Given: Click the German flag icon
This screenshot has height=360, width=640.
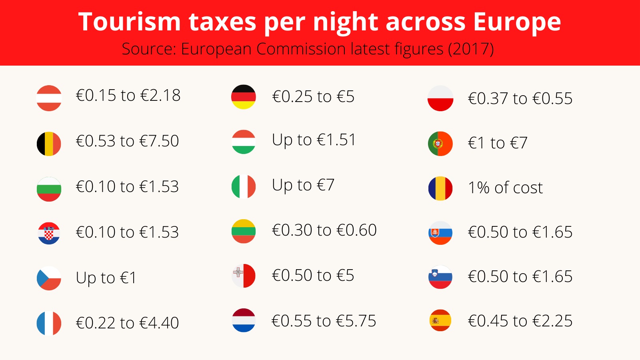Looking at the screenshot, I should click(x=244, y=97).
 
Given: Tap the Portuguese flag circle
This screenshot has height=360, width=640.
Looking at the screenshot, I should click(x=440, y=144).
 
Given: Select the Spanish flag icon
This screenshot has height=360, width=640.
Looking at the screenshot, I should click(x=440, y=320).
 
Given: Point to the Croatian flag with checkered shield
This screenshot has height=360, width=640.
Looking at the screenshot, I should click(x=49, y=233).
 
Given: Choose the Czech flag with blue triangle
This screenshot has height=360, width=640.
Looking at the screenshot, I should click(x=49, y=278).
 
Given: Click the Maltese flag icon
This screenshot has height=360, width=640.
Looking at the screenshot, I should click(x=244, y=276).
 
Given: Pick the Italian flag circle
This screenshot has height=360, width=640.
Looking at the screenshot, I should click(x=244, y=187).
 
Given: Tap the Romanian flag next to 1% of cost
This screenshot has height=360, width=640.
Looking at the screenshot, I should click(x=440, y=188).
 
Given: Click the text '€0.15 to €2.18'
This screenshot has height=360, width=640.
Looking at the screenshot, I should click(x=128, y=96).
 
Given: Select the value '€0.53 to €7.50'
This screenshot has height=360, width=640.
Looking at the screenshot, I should click(x=127, y=141).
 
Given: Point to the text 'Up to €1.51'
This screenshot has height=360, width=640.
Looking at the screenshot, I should click(x=314, y=140).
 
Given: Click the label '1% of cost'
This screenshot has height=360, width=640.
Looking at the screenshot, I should click(x=505, y=188).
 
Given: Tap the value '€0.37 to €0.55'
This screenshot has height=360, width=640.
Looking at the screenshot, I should click(x=520, y=98).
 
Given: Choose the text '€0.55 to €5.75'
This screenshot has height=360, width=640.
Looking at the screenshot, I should click(x=324, y=321).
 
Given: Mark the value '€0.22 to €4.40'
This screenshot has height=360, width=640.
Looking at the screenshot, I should click(x=127, y=323).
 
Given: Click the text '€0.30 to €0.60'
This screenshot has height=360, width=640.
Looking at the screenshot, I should click(x=324, y=230).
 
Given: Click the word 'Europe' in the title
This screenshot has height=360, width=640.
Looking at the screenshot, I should click(x=517, y=22).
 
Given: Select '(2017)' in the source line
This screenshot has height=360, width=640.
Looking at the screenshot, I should click(x=471, y=49).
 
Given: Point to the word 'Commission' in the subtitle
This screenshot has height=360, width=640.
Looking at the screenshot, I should click(x=301, y=49).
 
